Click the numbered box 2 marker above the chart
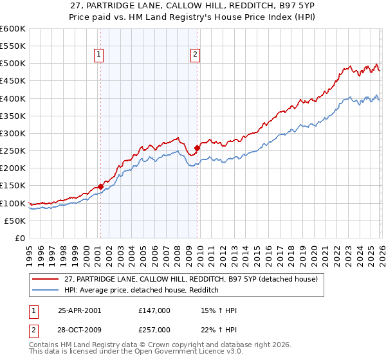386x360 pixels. tap(194, 55)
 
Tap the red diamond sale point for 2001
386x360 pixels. tap(100, 186)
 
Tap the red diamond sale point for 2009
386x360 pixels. tap(197, 148)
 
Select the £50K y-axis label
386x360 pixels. tap(15, 221)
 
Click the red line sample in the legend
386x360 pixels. tap(46, 279)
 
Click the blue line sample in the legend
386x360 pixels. tap(46, 291)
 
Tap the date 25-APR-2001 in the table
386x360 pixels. tap(79, 310)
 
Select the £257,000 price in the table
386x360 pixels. tap(154, 329)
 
